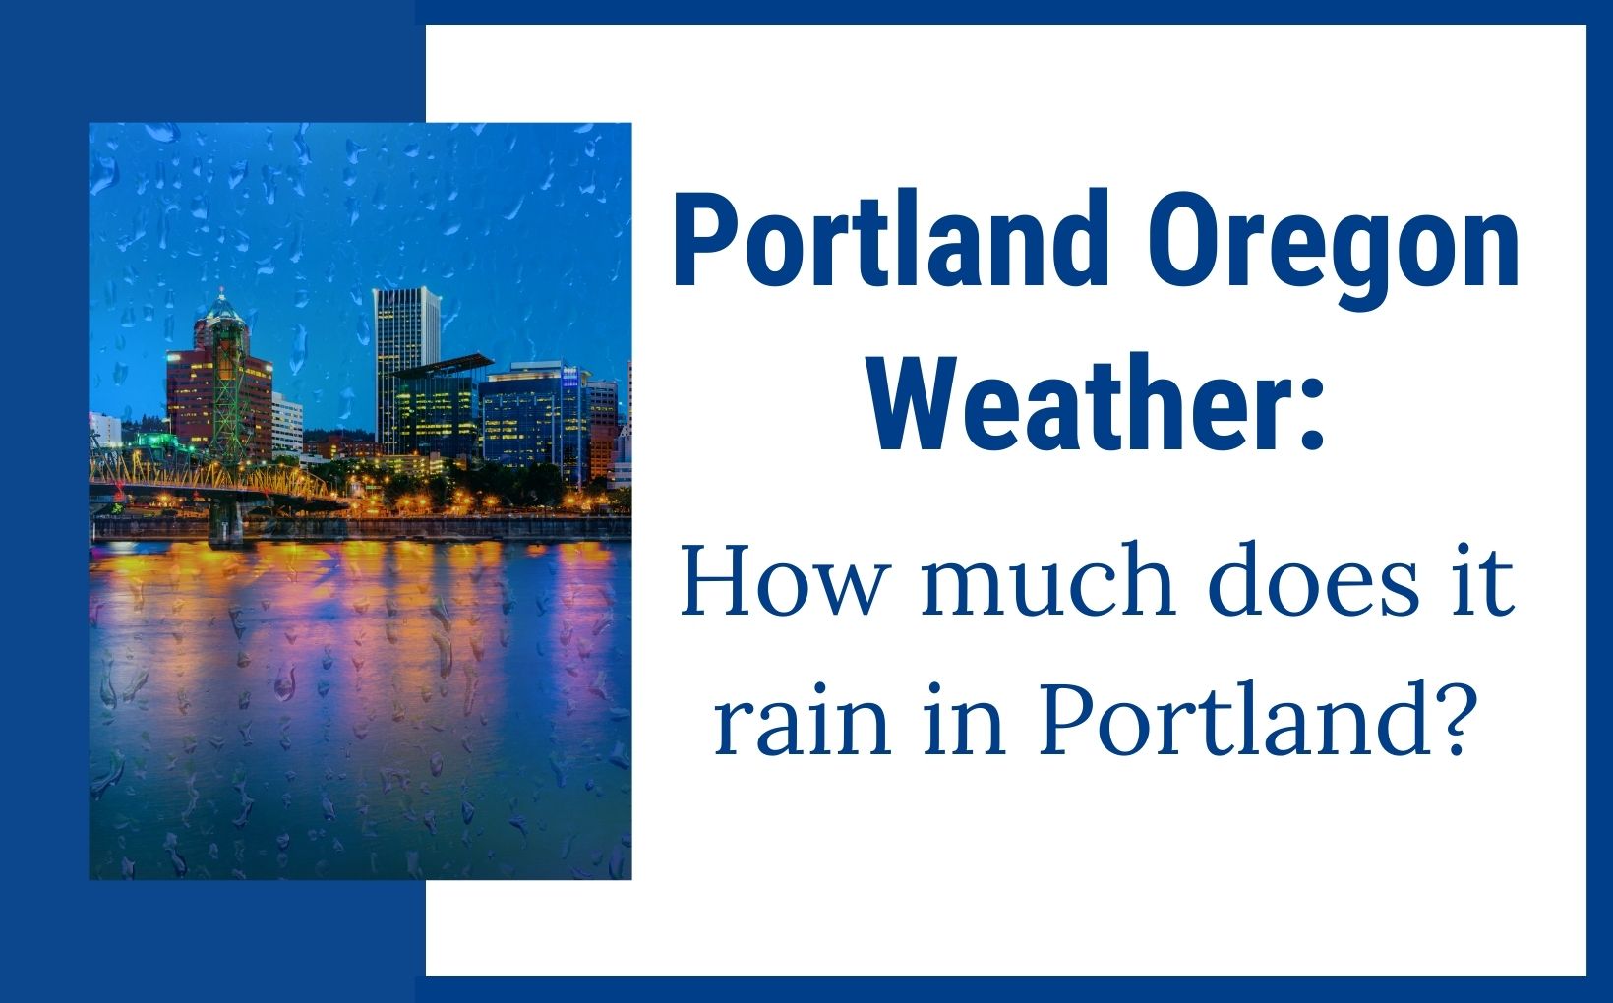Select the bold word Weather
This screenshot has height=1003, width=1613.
click(x=1073, y=402)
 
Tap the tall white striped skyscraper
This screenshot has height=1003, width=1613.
click(x=403, y=360)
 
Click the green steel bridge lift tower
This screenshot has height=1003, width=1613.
click(x=229, y=388)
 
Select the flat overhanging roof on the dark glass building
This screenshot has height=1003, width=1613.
click(x=441, y=366)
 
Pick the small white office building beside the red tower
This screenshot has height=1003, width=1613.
click(x=287, y=424)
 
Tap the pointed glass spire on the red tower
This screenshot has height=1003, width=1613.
click(x=222, y=306)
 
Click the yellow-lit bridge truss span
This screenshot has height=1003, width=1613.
click(x=209, y=475)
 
